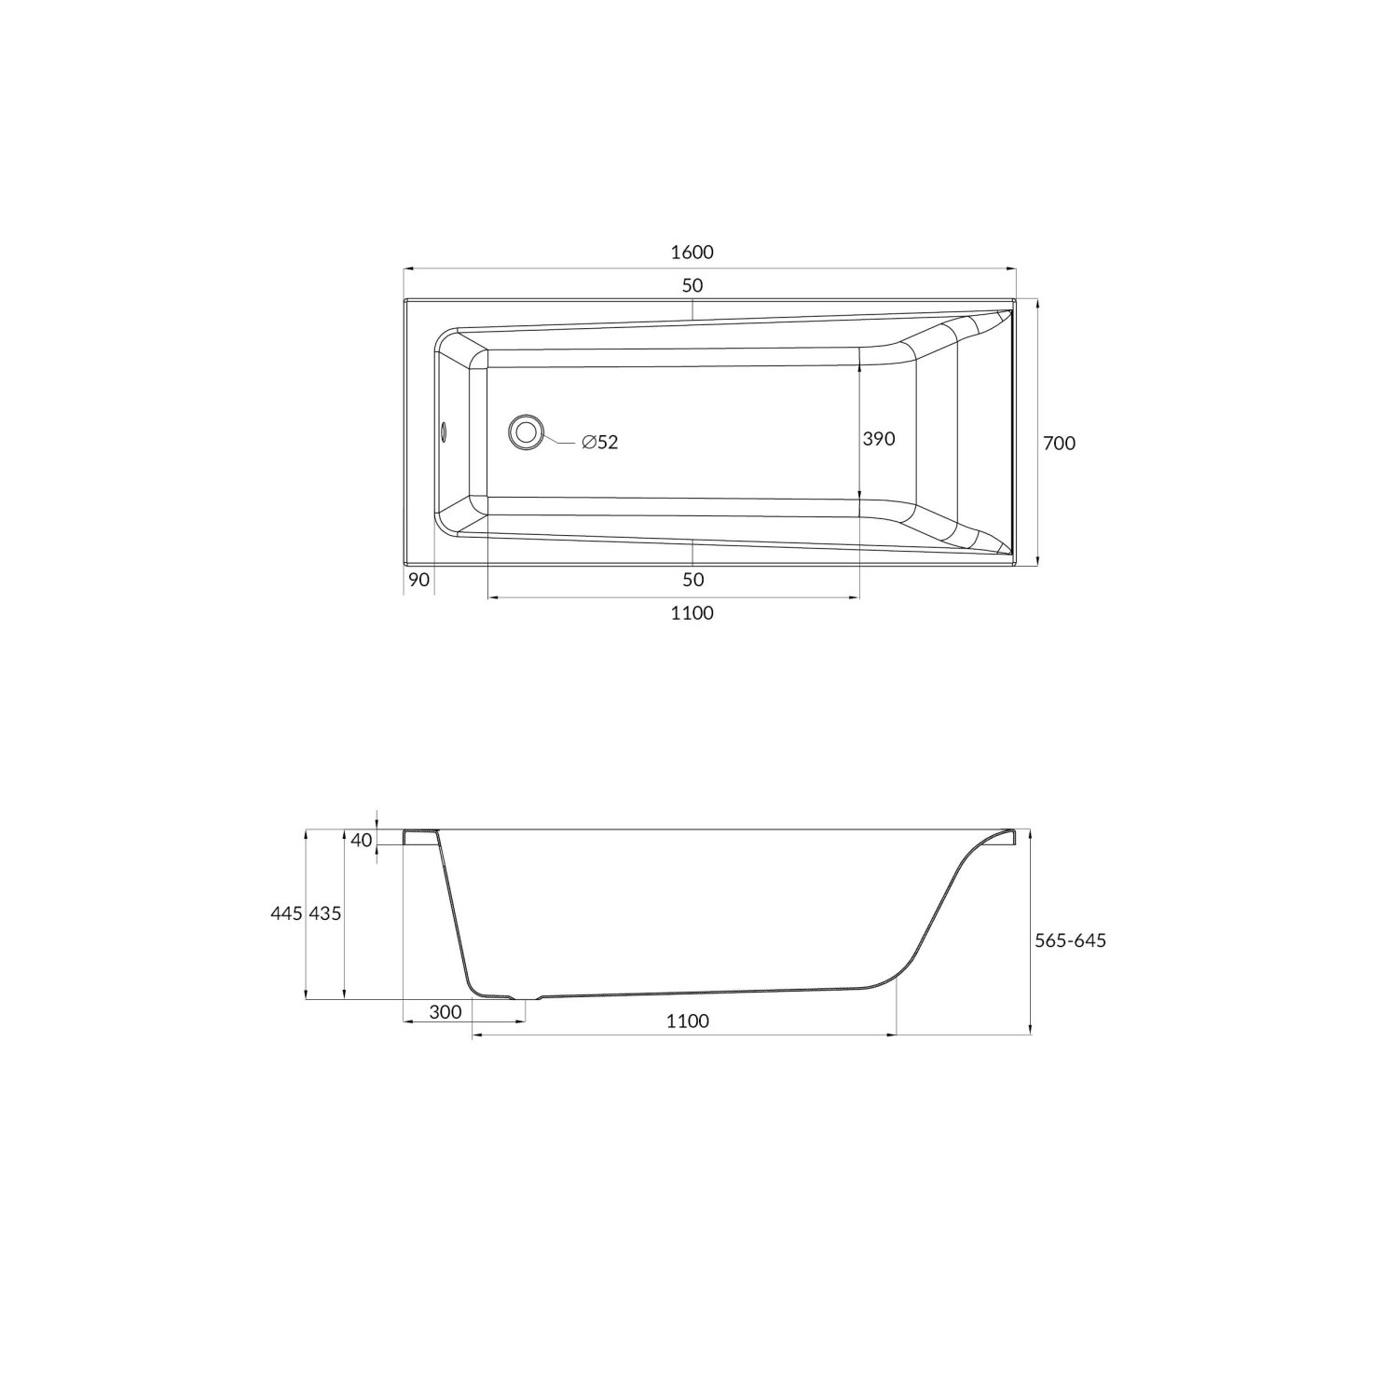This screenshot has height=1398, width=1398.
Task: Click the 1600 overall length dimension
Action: [x=692, y=253]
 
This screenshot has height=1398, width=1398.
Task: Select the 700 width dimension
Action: [x=1059, y=444]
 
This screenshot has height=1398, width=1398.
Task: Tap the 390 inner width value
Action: [x=879, y=438]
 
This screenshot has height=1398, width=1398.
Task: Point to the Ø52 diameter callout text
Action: [x=599, y=443]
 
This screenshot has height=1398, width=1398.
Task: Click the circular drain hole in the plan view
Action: [x=527, y=432]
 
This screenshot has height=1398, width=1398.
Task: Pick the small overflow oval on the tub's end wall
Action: [x=444, y=432]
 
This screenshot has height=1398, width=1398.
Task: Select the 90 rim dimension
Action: [x=419, y=580]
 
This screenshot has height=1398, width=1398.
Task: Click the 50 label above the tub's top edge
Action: [x=692, y=285]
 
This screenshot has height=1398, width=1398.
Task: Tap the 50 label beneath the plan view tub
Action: [x=692, y=580]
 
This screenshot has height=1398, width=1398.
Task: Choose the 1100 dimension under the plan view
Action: [x=692, y=612]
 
